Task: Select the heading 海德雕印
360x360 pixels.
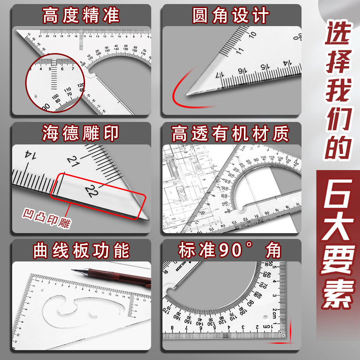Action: tap(81, 134)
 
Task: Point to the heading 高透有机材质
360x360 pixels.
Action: tap(231, 134)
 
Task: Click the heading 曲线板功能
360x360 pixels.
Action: tap(81, 251)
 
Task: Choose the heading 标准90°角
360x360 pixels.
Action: tap(231, 251)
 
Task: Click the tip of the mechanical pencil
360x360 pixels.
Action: tap(74, 270)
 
